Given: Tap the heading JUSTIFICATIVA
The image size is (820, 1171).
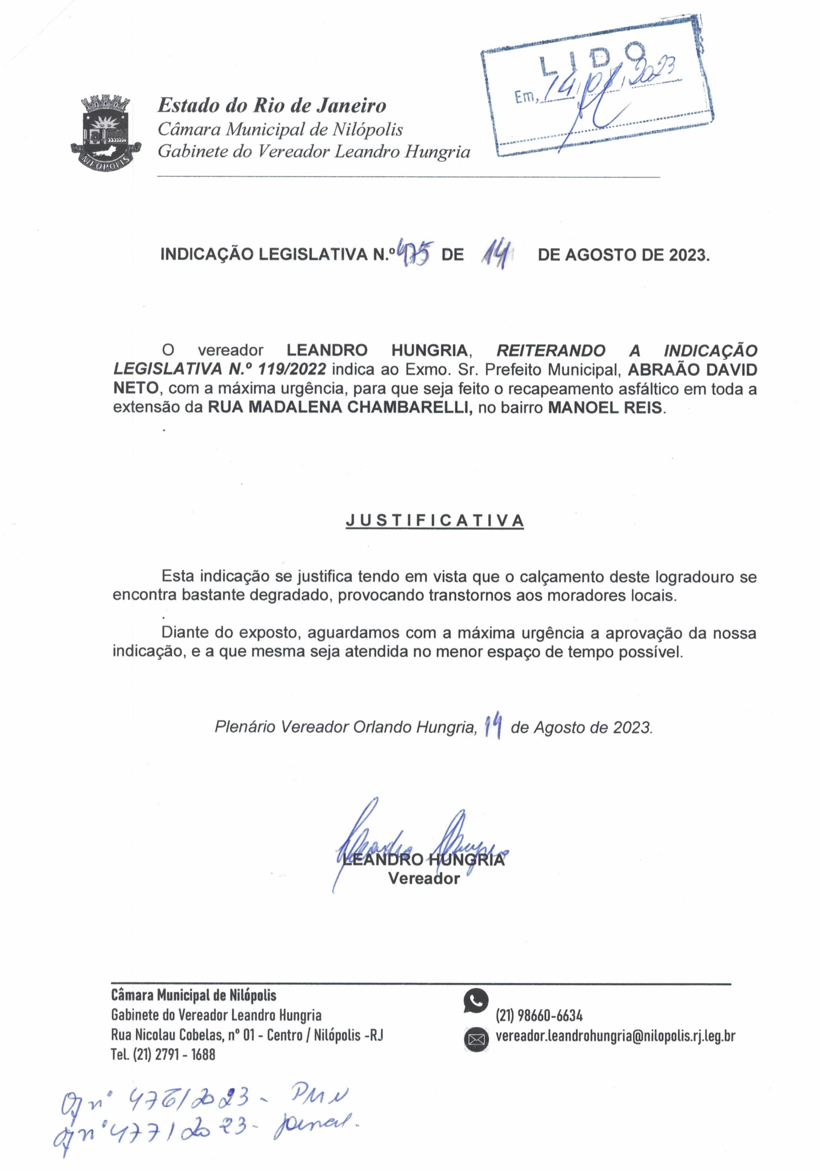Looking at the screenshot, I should click(x=434, y=520).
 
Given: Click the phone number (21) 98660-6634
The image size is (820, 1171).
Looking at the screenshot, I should click(x=539, y=1015).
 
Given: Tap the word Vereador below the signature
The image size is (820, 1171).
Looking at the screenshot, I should click(x=424, y=878).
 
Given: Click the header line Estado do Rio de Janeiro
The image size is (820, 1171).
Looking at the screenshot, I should click(x=272, y=106).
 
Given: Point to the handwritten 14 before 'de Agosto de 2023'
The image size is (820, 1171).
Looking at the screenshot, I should click(x=493, y=726).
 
